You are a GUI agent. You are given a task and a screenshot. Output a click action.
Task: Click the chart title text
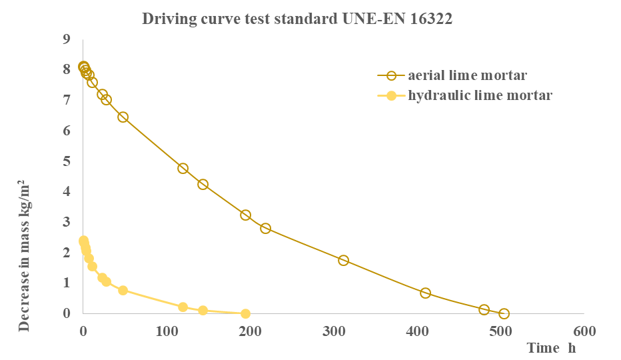[x=297, y=19]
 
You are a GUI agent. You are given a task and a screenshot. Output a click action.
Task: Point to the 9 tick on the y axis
[x=66, y=39]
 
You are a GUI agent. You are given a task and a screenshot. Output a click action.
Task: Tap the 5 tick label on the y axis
[x=66, y=161]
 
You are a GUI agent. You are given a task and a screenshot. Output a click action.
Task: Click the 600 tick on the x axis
[x=584, y=331]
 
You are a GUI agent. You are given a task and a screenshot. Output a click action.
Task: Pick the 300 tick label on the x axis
[x=333, y=331]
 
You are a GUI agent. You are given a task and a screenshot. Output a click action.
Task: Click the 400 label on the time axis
[x=417, y=331]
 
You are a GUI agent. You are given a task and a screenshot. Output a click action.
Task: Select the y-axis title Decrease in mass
[x=24, y=256]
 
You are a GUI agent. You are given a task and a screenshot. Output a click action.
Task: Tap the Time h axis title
[x=551, y=348]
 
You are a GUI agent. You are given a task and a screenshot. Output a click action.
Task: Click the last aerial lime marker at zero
[x=504, y=313]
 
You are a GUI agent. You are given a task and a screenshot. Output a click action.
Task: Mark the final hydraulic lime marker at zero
[x=245, y=313]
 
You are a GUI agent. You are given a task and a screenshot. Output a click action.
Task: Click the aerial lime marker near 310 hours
[x=343, y=260]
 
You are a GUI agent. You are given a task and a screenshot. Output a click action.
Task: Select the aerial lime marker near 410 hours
[x=425, y=293]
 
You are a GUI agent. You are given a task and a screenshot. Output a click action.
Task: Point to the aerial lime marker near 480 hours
[x=484, y=309]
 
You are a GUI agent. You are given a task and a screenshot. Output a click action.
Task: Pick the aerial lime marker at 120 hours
[x=183, y=168]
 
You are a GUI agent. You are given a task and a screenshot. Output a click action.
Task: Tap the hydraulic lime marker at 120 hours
[x=183, y=307]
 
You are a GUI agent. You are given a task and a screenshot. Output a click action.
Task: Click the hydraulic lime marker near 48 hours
[x=123, y=290]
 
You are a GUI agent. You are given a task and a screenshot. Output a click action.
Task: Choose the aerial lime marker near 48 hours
[x=123, y=117]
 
